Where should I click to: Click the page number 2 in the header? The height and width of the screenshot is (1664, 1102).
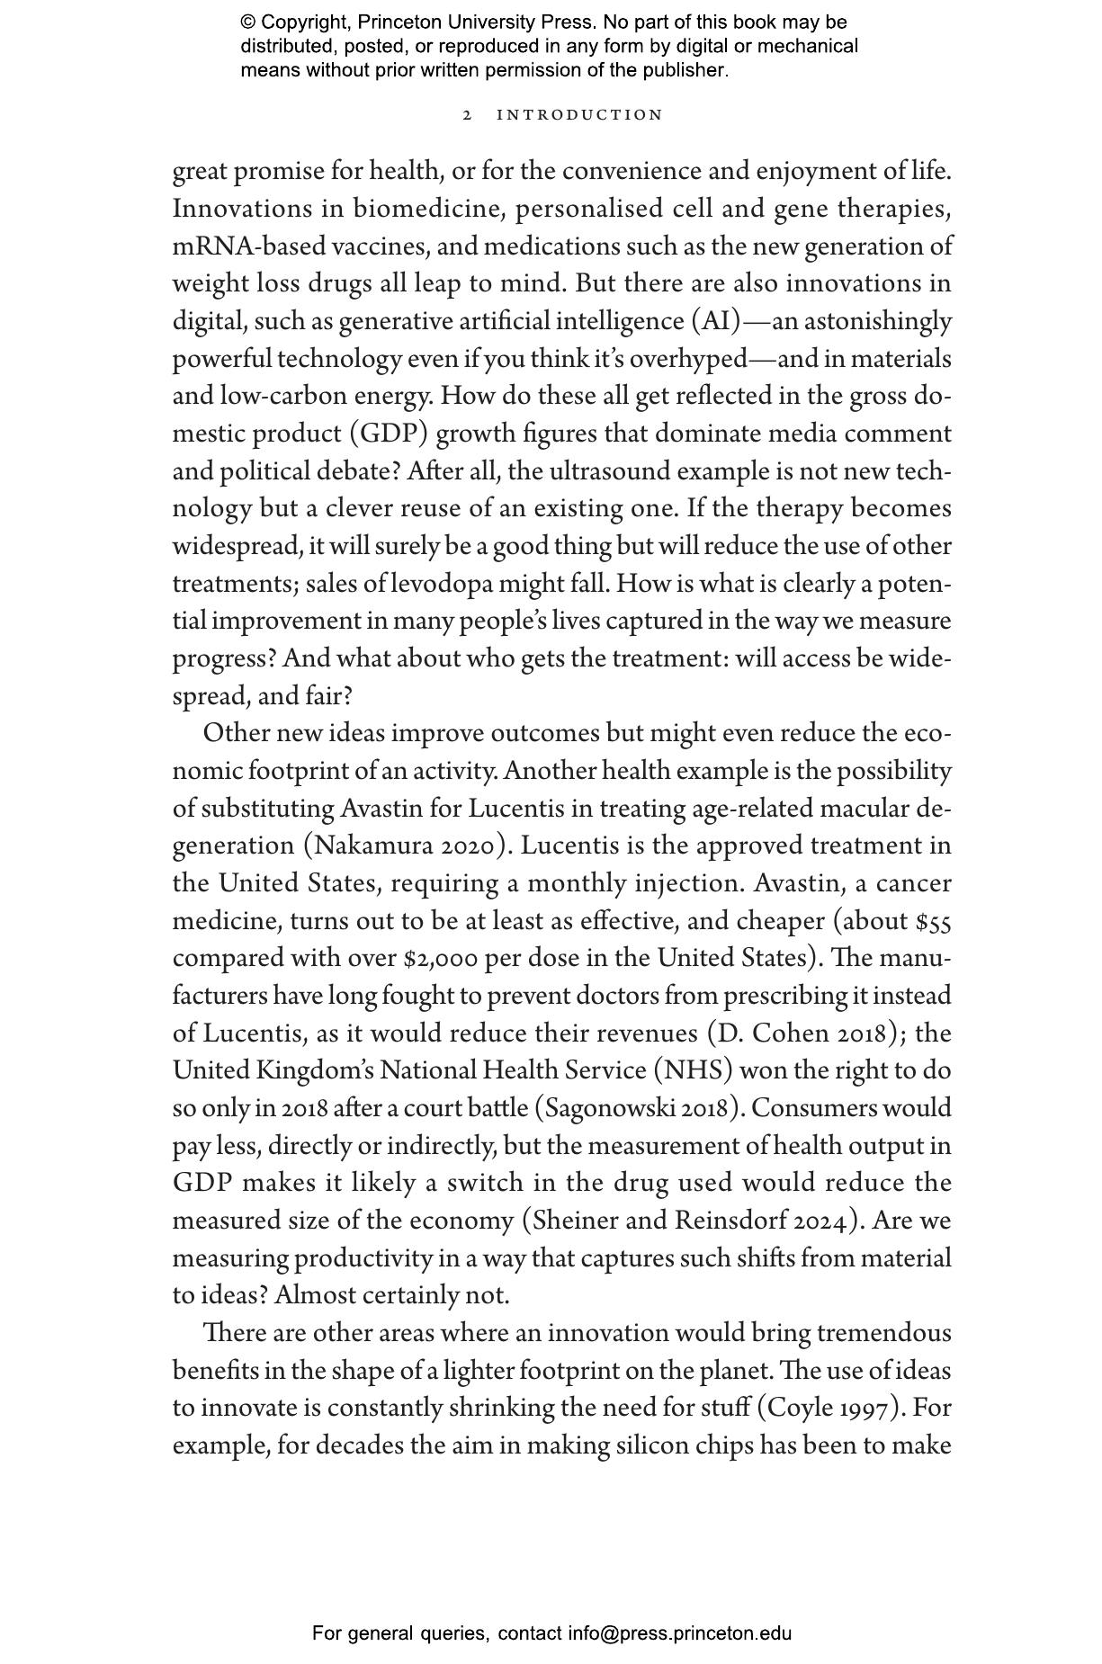point(467,115)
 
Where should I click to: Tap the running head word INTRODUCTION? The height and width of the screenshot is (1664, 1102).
point(580,115)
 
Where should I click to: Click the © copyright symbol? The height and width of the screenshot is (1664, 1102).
point(247,22)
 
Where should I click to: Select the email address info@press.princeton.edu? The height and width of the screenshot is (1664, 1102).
point(679,1633)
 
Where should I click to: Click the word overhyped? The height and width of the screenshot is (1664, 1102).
point(688,359)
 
